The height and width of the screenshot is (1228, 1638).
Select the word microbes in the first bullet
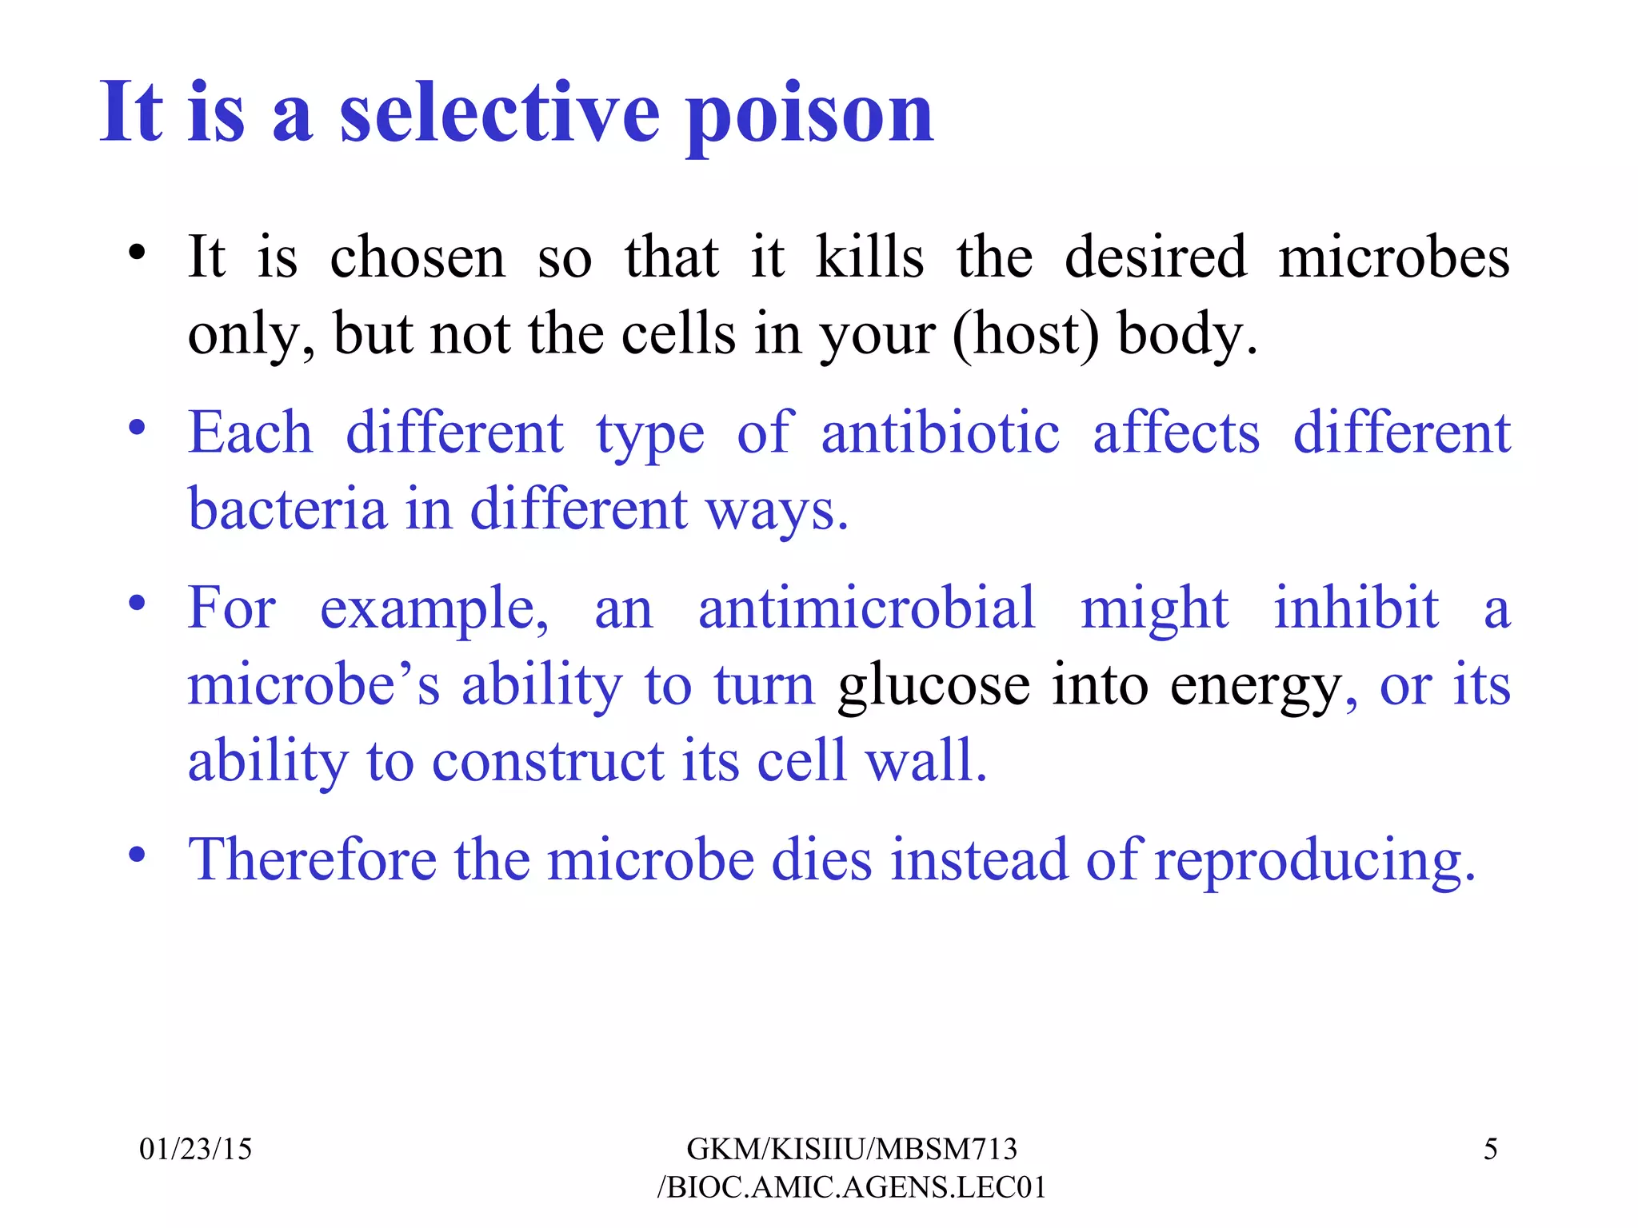click(x=1394, y=257)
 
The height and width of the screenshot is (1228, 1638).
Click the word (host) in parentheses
click(x=1025, y=333)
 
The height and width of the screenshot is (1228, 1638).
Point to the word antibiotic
click(x=941, y=433)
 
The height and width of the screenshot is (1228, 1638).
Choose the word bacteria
click(x=287, y=508)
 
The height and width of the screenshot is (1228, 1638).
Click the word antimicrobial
click(x=866, y=608)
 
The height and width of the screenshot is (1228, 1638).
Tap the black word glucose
click(x=933, y=684)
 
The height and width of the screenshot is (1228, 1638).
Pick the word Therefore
click(x=313, y=859)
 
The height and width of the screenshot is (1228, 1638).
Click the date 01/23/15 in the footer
click(x=195, y=1149)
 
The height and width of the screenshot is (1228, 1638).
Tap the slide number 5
click(x=1490, y=1149)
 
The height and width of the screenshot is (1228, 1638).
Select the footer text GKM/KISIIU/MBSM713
click(x=852, y=1149)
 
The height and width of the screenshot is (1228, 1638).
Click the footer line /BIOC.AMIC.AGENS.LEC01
click(x=852, y=1187)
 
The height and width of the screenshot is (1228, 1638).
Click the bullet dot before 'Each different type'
click(x=138, y=427)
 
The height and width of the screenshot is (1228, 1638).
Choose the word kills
click(x=869, y=257)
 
